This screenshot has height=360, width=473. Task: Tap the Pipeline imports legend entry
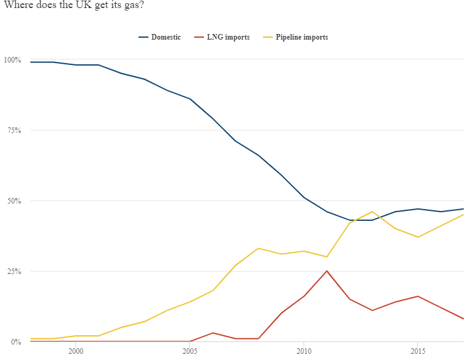click(x=296, y=37)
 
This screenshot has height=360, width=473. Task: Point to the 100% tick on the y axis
click(x=12, y=60)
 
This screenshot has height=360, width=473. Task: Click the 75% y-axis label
click(x=14, y=131)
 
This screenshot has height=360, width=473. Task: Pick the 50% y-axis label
click(x=14, y=201)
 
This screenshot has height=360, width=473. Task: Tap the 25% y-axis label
click(x=14, y=272)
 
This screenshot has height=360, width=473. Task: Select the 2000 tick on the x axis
click(x=76, y=351)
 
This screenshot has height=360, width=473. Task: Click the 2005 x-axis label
click(x=190, y=351)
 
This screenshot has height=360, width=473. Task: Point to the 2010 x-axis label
click(x=304, y=351)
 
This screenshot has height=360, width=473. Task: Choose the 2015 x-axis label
click(x=417, y=351)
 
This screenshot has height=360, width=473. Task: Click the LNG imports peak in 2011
click(x=326, y=271)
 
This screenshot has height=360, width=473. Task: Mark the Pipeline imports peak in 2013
click(x=372, y=212)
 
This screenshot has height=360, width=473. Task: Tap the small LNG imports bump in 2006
click(x=213, y=333)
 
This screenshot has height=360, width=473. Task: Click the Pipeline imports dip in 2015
click(x=417, y=237)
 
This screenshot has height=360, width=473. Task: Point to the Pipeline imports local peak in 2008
click(x=258, y=248)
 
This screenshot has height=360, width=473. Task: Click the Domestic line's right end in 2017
click(x=463, y=209)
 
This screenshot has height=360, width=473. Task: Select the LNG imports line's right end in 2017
click(x=463, y=319)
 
